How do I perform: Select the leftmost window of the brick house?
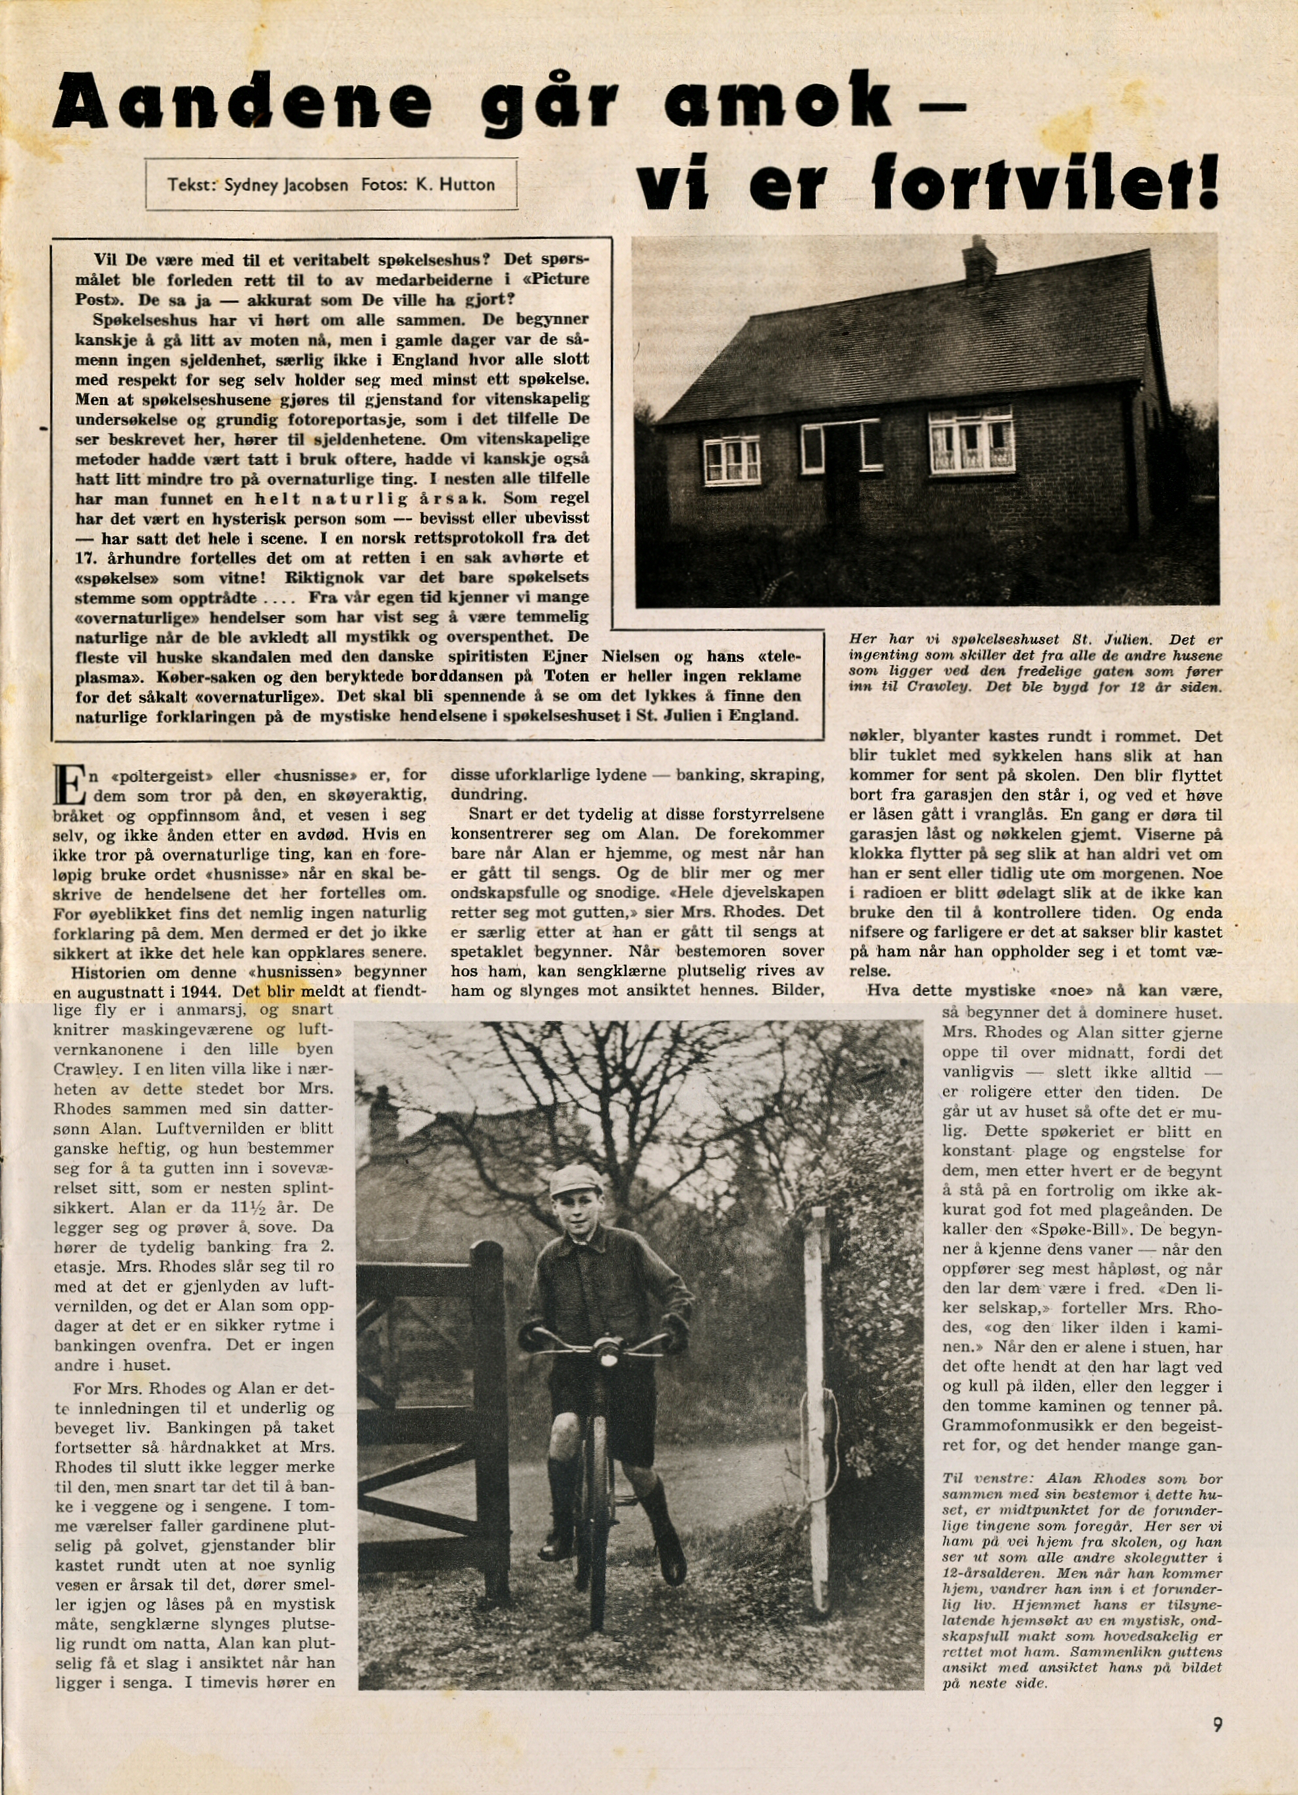(x=731, y=460)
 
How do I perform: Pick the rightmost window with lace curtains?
(x=971, y=441)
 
